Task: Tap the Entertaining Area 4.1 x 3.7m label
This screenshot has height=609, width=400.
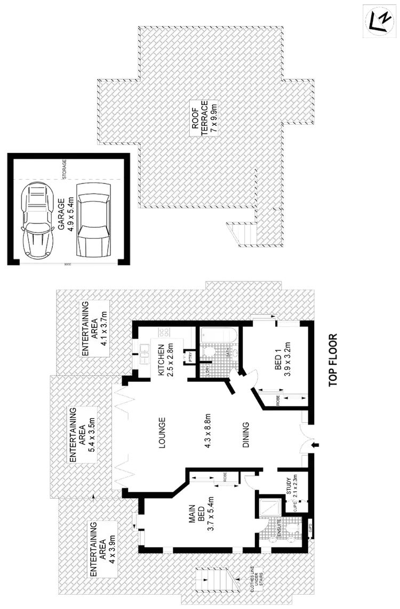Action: (95, 328)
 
